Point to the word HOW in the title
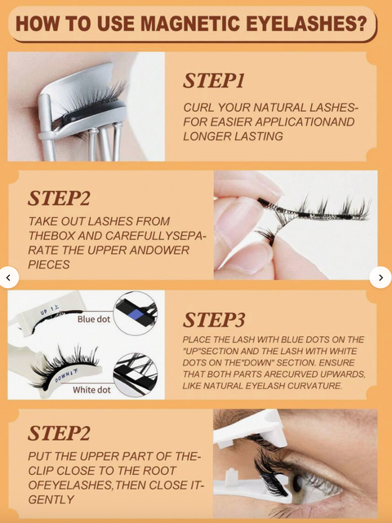coord(37,24)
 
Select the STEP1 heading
coord(214,81)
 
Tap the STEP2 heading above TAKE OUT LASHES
coord(59,198)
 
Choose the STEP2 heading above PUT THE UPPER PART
coord(59,433)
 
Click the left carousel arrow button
coord(9,277)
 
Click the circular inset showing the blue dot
coord(135,313)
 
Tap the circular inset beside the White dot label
coord(135,374)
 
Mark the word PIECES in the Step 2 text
coord(49,265)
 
